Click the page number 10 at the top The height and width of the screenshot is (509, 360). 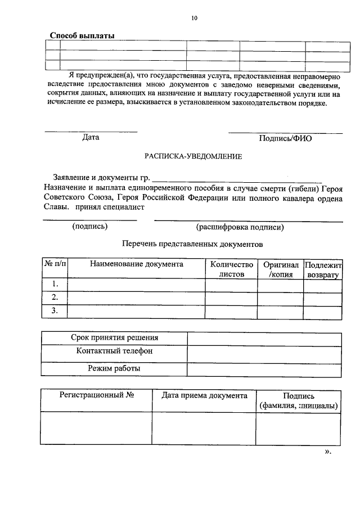pos(194,18)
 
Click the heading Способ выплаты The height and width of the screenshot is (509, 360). pos(82,35)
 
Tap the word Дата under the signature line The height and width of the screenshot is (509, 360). pos(91,137)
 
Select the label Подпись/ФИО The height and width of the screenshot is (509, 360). pos(285,138)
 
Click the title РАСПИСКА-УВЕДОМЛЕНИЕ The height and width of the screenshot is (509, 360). pos(193,157)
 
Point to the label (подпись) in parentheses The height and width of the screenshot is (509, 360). pos(90,227)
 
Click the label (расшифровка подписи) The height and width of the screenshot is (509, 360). pos(240,227)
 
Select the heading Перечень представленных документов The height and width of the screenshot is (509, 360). pos(192,244)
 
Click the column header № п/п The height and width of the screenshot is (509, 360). pos(55,264)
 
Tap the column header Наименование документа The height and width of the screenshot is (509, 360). pos(136,264)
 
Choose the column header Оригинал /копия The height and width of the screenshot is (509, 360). pos(281,269)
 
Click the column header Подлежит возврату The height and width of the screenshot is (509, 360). pos(323,269)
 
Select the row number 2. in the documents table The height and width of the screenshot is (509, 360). pos(55,297)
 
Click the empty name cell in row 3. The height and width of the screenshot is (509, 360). pos(136,310)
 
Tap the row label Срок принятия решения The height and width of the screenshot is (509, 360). pos(114,338)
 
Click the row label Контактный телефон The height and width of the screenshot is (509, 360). pos(114,352)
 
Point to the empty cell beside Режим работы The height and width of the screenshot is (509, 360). pos(264,369)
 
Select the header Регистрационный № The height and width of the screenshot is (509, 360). pos(96,395)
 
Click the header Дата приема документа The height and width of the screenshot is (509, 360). pos(204,395)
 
